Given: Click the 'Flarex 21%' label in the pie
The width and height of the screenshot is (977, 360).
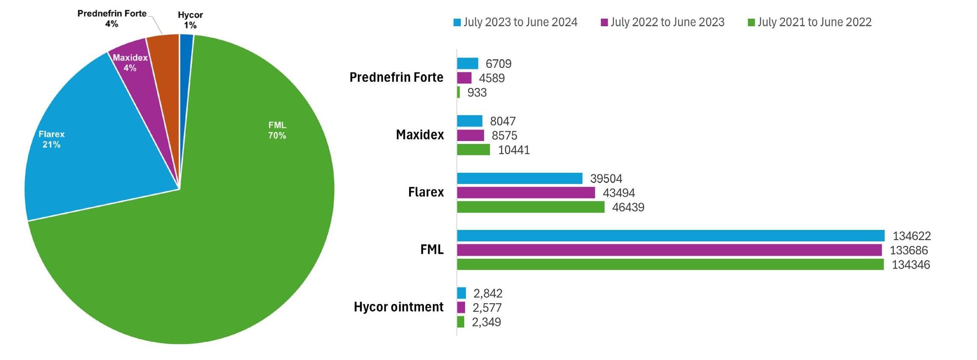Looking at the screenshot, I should [51, 139].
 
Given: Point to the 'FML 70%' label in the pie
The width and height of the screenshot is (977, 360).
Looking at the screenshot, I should [277, 130].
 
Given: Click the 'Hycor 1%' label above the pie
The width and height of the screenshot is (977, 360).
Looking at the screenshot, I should [190, 20].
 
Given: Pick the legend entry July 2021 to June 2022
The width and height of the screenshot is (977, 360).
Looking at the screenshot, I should [809, 22].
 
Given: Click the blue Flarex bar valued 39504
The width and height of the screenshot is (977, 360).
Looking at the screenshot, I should [519, 178].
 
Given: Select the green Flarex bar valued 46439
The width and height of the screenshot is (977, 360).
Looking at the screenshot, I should [530, 207].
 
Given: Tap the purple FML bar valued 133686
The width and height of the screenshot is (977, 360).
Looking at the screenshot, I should [669, 250].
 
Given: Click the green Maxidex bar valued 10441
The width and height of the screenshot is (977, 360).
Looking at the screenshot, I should [473, 150].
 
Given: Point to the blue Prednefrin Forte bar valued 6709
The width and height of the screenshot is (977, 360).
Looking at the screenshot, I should [467, 64].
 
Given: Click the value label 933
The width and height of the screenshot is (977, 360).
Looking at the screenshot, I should [477, 92].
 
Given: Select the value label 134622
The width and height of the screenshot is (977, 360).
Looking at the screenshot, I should [911, 236].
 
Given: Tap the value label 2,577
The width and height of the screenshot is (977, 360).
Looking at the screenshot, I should [487, 307].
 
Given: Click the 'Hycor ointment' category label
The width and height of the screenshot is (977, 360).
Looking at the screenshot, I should [399, 307].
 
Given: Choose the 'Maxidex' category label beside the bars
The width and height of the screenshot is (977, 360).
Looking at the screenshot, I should [420, 135].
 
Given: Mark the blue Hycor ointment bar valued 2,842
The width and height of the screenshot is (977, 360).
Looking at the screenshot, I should [461, 293].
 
